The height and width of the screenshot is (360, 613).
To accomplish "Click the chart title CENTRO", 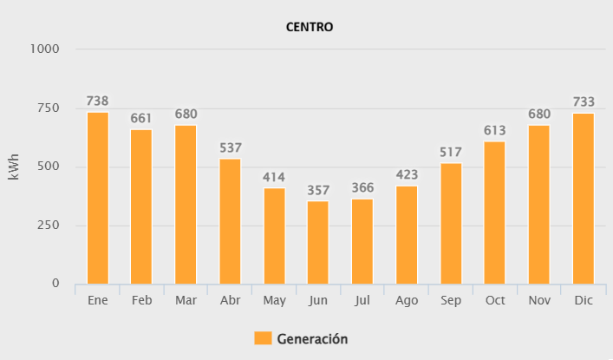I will pos(310,27).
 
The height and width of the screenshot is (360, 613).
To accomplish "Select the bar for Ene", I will pos(98,198).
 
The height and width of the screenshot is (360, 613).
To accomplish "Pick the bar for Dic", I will pos(584,198).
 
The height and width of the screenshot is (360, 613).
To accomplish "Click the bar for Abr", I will pos(231,221).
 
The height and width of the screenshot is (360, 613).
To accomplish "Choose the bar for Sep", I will pos(451,223).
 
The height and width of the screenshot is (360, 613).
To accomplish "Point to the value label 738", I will pos(98,101).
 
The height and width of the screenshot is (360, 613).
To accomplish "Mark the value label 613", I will pos(495,131).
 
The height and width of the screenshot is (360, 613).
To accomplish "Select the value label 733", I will pos(584,102).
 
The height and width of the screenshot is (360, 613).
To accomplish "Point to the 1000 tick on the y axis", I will pos(45,49).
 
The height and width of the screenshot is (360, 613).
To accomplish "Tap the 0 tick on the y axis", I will pos(55,284).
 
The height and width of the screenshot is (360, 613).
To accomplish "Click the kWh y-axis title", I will pos(13,167).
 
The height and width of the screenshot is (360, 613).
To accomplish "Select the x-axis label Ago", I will pos(407,300).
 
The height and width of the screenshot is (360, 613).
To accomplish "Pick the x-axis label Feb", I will pos(141,300).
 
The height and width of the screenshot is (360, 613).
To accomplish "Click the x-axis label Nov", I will pos(539,300).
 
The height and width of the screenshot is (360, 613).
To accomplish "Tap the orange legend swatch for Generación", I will pos(263,338).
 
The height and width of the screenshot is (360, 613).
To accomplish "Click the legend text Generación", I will pos(312,339).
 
